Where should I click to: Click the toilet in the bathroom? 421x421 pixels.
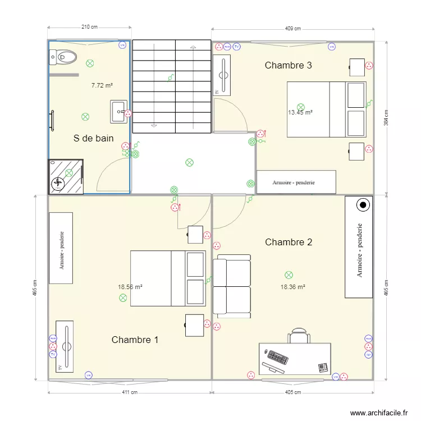pos(63,56)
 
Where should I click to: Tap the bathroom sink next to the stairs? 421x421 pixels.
pos(118,111)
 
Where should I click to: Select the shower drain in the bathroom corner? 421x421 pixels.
pos(58,183)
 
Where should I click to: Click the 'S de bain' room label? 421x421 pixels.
pos(94,138)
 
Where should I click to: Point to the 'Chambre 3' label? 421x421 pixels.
pos(288,65)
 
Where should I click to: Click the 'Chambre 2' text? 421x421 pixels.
pos(288,242)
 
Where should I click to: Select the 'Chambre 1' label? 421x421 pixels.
pos(135,340)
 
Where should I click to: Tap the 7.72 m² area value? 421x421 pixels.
pos(102,86)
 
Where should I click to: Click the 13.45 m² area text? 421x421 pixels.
pos(300,112)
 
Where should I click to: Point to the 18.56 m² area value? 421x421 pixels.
pos(130,287)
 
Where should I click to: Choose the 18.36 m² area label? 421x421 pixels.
pos(292,287)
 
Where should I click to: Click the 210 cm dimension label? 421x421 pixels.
pos(89,26)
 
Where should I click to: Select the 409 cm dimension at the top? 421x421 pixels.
pos(292,29)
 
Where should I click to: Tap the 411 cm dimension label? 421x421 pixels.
pos(130,392)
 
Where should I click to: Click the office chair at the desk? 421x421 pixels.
pos(299,336)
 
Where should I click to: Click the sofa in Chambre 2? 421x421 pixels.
pos(231,286)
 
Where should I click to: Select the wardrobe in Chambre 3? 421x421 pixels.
pos(296,182)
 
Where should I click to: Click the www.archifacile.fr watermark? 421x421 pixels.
pos(379,413)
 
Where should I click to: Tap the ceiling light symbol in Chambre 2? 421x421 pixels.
pos(289,275)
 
